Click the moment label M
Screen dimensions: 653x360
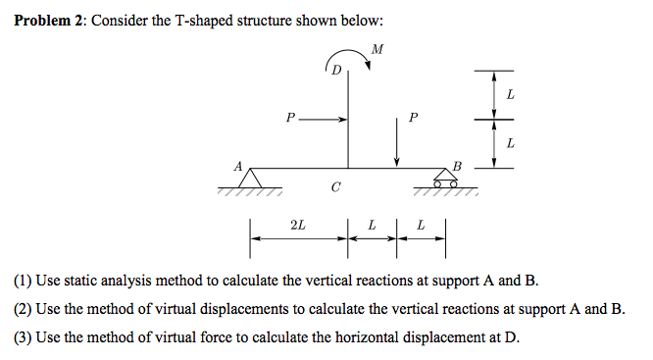(378, 48)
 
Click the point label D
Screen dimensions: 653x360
(336, 71)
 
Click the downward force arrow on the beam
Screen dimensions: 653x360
(397, 147)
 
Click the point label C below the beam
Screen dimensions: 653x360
(336, 186)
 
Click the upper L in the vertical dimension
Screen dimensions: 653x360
(510, 94)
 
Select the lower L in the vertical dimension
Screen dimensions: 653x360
(510, 144)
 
